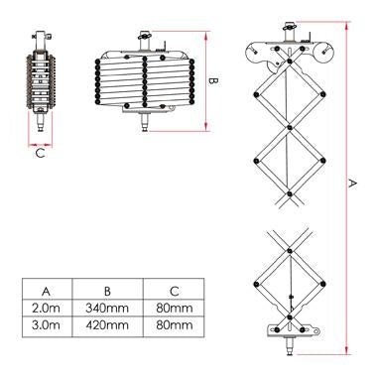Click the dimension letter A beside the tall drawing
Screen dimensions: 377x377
point(355,183)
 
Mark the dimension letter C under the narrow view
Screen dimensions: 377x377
point(40,154)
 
